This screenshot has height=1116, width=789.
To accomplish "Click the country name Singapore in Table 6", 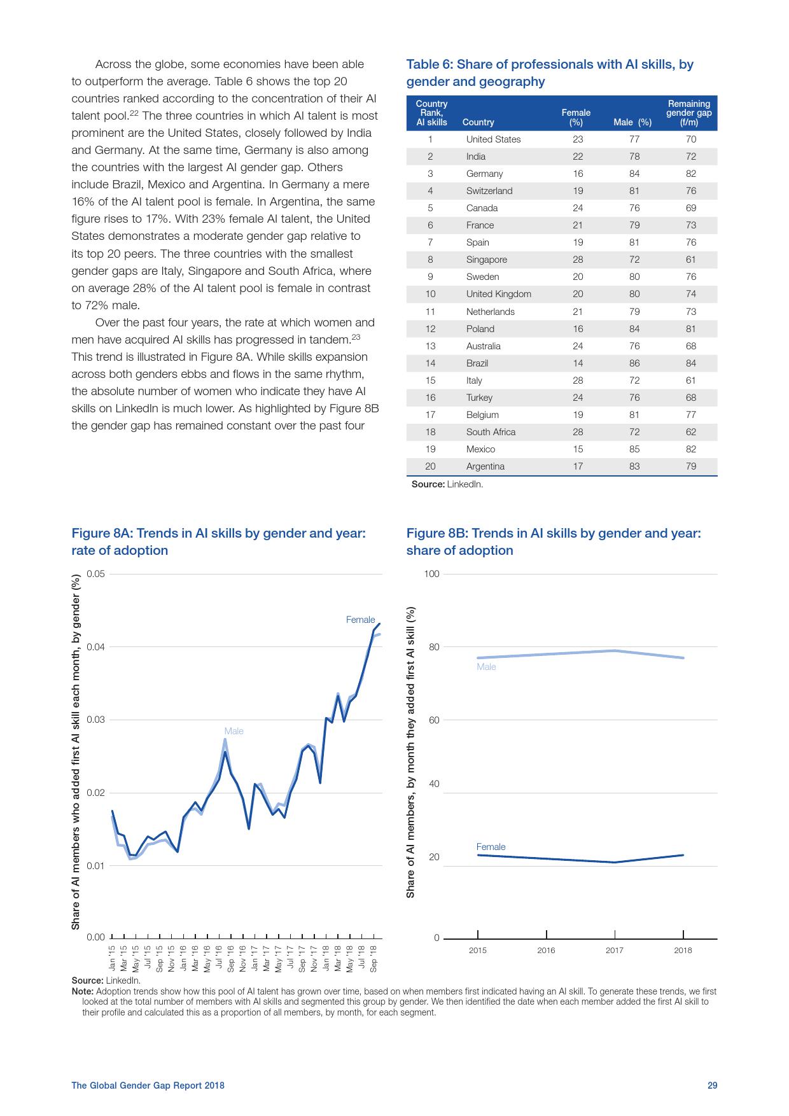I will [x=486, y=260].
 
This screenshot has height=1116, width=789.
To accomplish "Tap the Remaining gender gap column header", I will [x=688, y=113].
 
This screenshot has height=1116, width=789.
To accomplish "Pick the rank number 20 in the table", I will [x=430, y=466].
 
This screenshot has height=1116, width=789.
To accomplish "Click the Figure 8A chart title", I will [x=218, y=541].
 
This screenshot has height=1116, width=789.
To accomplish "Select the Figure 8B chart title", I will [x=554, y=541].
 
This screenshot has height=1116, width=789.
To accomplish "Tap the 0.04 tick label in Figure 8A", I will [x=95, y=647].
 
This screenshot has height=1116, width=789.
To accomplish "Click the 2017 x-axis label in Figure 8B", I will [x=614, y=951].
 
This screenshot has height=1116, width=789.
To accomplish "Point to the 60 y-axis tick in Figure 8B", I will [x=433, y=720].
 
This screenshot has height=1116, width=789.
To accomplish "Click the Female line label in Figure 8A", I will [x=360, y=620].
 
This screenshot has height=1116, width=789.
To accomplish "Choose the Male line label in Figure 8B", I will [x=486, y=667].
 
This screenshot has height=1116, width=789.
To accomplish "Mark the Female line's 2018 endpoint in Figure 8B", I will [x=683, y=855].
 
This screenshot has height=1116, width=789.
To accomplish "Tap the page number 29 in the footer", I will [x=712, y=1085].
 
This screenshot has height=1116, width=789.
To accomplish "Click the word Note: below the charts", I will [x=83, y=991].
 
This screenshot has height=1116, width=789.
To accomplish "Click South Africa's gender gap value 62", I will [x=690, y=432].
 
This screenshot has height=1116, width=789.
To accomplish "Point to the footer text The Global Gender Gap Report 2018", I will [x=148, y=1085].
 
